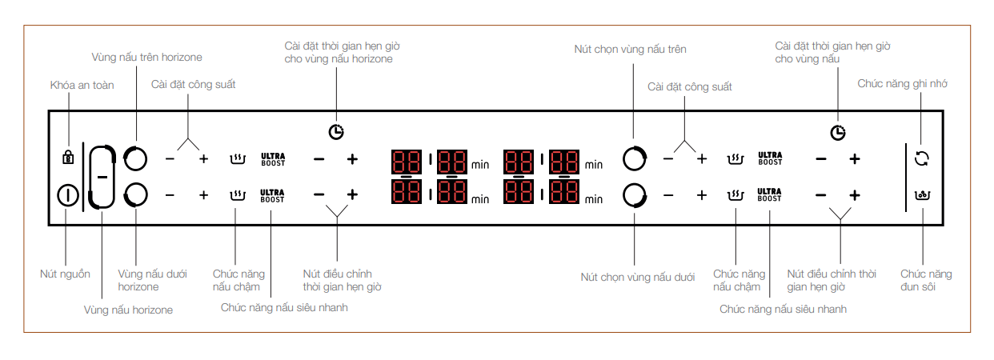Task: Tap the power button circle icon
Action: (68, 195)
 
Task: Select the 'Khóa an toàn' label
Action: (82, 86)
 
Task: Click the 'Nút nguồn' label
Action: (65, 274)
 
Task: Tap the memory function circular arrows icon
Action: (922, 158)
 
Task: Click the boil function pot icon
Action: (922, 194)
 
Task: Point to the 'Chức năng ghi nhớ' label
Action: (902, 83)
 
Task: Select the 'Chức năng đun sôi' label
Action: (926, 280)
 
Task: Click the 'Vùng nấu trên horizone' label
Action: (146, 57)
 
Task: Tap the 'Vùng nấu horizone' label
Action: (128, 310)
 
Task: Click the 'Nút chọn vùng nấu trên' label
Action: (630, 50)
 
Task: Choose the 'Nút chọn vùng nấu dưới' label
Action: (637, 277)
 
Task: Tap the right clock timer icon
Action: (837, 133)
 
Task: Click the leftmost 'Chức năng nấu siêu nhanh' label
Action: (284, 306)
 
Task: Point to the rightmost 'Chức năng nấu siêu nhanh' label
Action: (783, 308)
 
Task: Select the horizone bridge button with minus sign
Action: (102, 176)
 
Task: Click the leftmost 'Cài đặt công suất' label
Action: (193, 84)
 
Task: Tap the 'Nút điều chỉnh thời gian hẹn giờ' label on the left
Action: (342, 280)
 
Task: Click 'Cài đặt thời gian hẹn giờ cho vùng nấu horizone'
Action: (339, 52)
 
